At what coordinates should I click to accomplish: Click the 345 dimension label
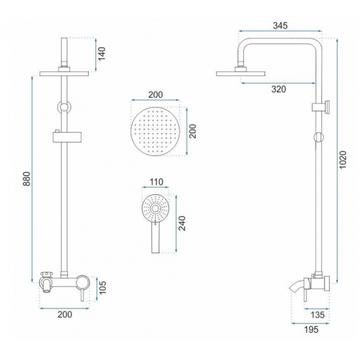click(x=280, y=25)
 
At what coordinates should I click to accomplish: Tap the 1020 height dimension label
click(x=343, y=160)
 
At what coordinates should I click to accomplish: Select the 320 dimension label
click(x=279, y=89)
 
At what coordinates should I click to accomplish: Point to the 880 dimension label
click(x=26, y=179)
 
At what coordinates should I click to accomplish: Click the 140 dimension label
click(x=101, y=54)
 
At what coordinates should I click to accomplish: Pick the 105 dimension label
click(x=103, y=287)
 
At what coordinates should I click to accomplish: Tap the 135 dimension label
click(x=317, y=315)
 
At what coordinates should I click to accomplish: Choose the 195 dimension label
click(x=311, y=329)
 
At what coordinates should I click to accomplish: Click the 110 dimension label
click(x=157, y=182)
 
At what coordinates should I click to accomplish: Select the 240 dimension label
click(x=182, y=223)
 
